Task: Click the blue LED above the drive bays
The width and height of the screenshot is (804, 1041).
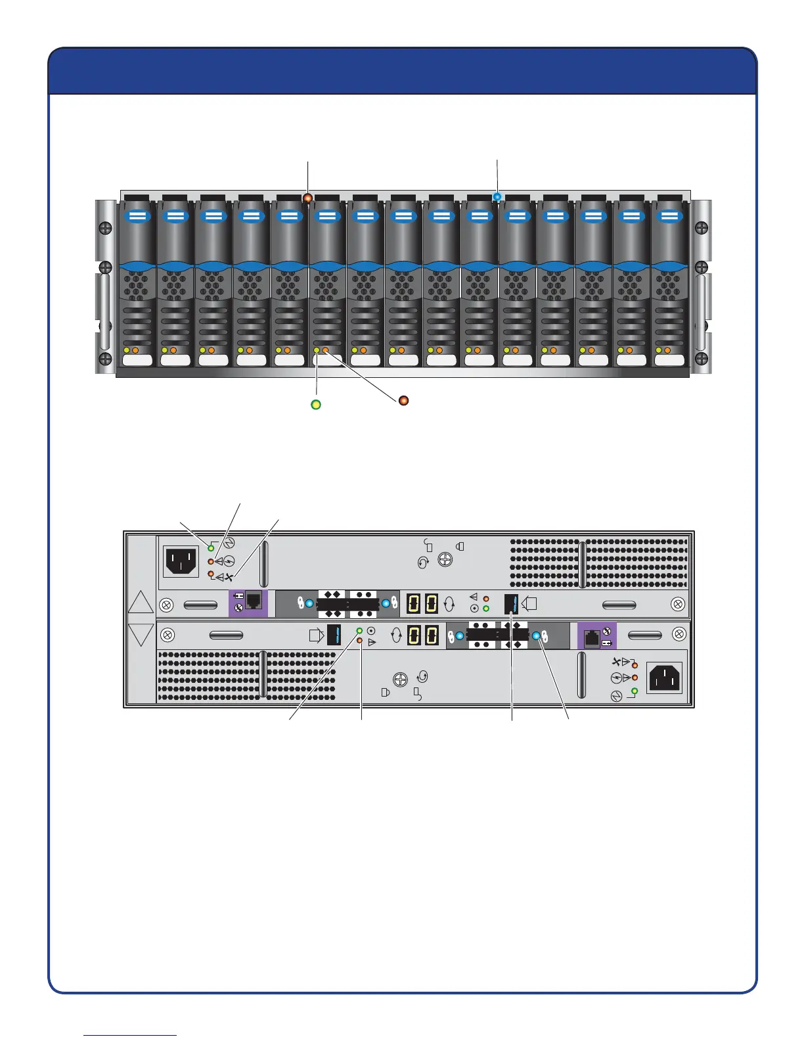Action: [x=497, y=196]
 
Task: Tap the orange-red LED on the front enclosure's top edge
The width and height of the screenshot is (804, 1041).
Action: [x=307, y=197]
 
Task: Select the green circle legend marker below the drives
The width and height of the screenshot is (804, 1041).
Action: [x=316, y=405]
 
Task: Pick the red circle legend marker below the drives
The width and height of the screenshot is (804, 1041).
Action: [x=404, y=400]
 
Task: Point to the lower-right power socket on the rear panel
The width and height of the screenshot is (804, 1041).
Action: [x=665, y=678]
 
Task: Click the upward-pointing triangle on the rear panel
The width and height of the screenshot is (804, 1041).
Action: [x=141, y=602]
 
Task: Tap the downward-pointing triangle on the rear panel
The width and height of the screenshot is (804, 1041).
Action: [x=141, y=635]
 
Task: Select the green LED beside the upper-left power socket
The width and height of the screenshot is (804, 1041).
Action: [x=211, y=547]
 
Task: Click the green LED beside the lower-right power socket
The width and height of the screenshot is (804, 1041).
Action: [x=635, y=691]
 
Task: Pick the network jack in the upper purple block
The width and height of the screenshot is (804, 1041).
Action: [x=254, y=600]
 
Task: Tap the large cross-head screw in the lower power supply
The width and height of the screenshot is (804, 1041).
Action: [x=399, y=680]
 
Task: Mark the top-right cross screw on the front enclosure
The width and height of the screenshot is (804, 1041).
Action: [x=702, y=228]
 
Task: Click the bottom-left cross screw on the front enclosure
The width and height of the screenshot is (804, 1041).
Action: [x=105, y=359]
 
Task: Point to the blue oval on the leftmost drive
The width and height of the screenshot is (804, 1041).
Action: [x=137, y=216]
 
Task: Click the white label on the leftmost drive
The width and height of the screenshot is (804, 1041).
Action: [x=137, y=360]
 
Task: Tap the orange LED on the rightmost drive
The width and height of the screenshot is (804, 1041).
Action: [x=667, y=350]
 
